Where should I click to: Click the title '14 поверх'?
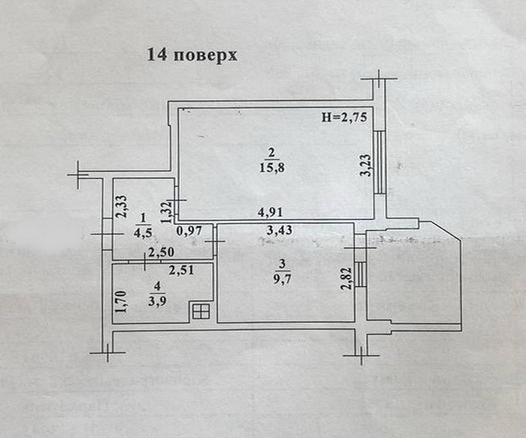coord(192,55)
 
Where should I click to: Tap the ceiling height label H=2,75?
coord(343,117)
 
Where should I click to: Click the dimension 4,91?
coord(272,213)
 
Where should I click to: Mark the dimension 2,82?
coord(346,278)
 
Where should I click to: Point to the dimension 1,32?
coord(164,214)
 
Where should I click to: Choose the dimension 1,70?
coord(122,301)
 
